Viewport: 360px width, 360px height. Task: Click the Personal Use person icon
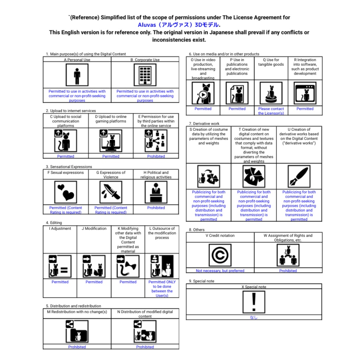[x=77, y=75]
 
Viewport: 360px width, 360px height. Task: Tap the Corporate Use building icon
[x=145, y=75]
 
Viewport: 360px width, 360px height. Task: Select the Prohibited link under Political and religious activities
[x=156, y=208]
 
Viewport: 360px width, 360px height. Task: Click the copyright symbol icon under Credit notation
[x=220, y=255]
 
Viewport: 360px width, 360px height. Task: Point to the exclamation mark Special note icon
[x=254, y=302]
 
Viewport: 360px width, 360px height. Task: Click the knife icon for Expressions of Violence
[x=111, y=192]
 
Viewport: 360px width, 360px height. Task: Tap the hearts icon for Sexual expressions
[x=66, y=192]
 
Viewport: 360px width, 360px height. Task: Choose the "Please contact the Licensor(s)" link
[x=271, y=111]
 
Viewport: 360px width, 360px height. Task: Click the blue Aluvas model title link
[x=179, y=25]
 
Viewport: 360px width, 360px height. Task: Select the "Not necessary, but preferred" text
[x=220, y=271]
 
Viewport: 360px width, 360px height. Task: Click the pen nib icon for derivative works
[x=299, y=176]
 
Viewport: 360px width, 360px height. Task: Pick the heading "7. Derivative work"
[x=204, y=124]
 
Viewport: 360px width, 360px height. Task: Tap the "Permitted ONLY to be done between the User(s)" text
[x=162, y=289]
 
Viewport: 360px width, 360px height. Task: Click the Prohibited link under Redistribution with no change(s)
[x=77, y=347]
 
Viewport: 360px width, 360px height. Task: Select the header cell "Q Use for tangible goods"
[x=271, y=62]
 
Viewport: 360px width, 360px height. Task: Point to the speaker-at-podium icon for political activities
[x=156, y=192]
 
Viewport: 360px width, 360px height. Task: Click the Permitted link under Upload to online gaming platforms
[x=111, y=156]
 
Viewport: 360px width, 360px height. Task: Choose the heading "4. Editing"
[x=54, y=223]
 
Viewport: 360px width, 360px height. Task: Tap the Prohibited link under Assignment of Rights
[x=288, y=271]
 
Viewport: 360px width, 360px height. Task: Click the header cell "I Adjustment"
[x=60, y=229]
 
